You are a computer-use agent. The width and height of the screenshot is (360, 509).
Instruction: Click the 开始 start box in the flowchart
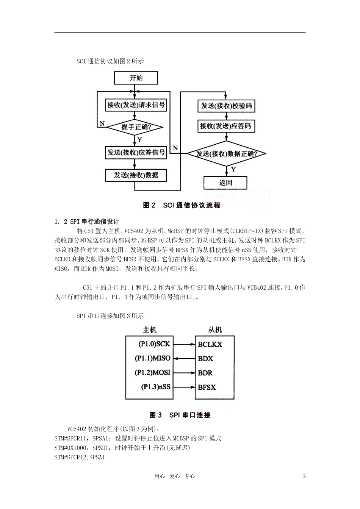coord(136,78)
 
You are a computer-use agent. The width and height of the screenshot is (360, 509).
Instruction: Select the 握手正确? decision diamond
coord(135,127)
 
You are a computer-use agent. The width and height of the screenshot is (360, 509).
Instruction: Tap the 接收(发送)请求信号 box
coord(136,105)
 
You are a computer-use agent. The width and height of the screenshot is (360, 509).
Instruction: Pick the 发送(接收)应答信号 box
coord(136,153)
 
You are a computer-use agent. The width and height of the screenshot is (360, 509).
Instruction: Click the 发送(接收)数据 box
coord(136,175)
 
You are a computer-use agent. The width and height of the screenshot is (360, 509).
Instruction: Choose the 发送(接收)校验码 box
coord(226,106)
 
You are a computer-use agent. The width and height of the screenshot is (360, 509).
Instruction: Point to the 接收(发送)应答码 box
coord(226,126)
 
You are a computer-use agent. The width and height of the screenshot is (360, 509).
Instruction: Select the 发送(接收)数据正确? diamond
coord(226,154)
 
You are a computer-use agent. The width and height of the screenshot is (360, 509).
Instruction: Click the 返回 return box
coord(225,183)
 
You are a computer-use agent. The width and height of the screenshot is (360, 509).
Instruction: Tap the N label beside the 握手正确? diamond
coord(102,123)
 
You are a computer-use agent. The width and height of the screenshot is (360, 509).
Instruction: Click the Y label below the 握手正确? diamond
coord(140,140)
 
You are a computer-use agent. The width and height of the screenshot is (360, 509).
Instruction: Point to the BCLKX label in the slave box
coord(210,345)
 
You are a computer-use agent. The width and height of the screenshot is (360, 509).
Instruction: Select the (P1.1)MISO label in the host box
coord(153,358)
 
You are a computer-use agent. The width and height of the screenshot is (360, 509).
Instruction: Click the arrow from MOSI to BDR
coord(183,373)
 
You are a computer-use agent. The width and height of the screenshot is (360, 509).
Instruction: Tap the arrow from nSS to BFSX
coord(183,387)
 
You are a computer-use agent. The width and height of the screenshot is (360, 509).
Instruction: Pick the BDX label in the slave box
coord(205,359)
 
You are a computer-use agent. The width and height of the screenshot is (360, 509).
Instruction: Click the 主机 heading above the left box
coord(149,330)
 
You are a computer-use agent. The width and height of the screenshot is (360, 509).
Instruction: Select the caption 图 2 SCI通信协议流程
coord(182,205)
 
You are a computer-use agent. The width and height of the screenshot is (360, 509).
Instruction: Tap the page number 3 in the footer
coord(304,476)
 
